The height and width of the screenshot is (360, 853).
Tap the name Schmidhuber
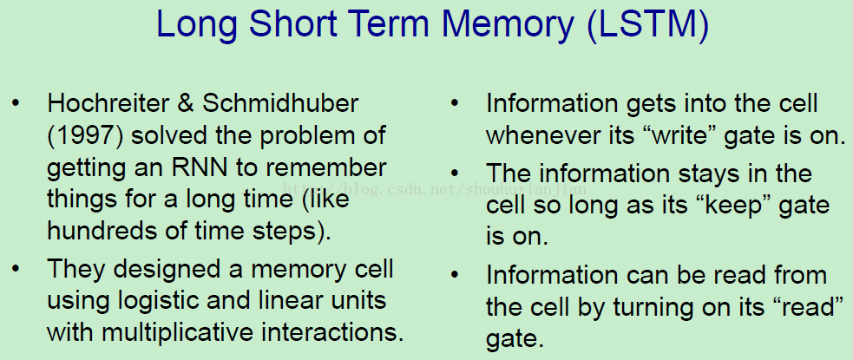[x=280, y=103]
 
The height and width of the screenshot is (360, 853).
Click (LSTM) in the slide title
[x=648, y=23]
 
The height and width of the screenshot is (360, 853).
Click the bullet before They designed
[x=16, y=269]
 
